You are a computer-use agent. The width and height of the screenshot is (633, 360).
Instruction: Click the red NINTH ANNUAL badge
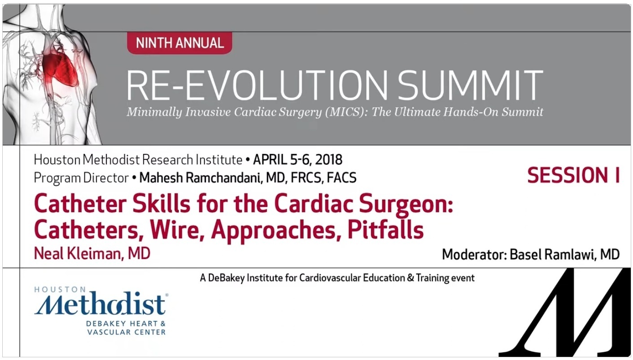pyautogui.click(x=179, y=43)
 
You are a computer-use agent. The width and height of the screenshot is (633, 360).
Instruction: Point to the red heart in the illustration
pyautogui.click(x=60, y=69)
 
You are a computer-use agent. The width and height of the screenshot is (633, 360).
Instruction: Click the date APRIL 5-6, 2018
pyautogui.click(x=297, y=160)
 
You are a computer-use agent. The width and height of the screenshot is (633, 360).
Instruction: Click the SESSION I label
pyautogui.click(x=573, y=176)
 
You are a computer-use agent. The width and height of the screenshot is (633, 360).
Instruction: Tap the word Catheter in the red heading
pyautogui.click(x=80, y=204)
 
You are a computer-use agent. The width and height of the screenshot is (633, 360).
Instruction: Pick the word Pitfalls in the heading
pyautogui.click(x=385, y=230)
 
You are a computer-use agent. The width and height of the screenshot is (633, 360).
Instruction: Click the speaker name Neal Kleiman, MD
pyautogui.click(x=92, y=253)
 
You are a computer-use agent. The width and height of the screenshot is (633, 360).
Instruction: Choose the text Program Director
pyautogui.click(x=81, y=178)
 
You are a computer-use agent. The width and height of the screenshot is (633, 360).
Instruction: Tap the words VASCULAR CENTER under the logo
pyautogui.click(x=127, y=332)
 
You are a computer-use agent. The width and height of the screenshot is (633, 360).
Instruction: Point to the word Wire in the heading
pyautogui.click(x=177, y=230)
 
